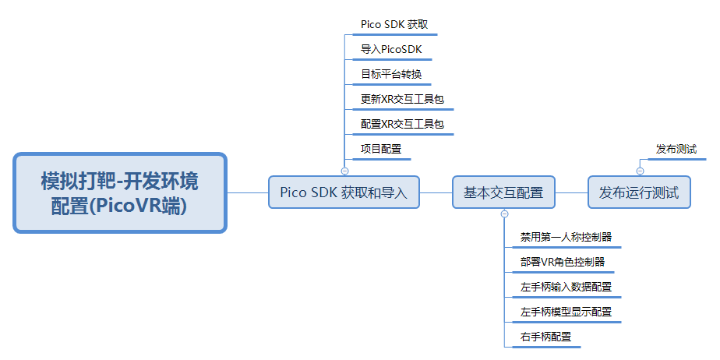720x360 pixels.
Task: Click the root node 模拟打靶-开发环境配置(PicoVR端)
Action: pyautogui.click(x=120, y=193)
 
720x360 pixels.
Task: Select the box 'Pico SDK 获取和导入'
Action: pyautogui.click(x=344, y=192)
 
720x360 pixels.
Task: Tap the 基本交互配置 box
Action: pyautogui.click(x=503, y=192)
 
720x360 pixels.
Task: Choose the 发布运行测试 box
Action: pyautogui.click(x=639, y=192)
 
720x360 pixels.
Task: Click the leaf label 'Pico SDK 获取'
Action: pyautogui.click(x=394, y=24)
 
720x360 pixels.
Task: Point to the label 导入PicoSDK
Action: pyautogui.click(x=391, y=49)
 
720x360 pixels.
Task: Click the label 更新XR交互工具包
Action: pyautogui.click(x=402, y=99)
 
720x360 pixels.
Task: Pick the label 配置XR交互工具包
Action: pyautogui.click(x=402, y=124)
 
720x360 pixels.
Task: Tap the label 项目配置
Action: pyautogui.click(x=381, y=149)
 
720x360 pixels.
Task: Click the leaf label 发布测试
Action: pyautogui.click(x=676, y=149)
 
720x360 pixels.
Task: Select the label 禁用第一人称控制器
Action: pyautogui.click(x=566, y=237)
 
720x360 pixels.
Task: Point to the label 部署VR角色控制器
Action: pyautogui.click(x=563, y=262)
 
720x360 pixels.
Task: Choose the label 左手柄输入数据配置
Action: pyautogui.click(x=566, y=287)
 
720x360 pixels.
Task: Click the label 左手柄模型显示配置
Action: pyautogui.click(x=566, y=312)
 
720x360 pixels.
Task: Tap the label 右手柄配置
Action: pyautogui.click(x=545, y=337)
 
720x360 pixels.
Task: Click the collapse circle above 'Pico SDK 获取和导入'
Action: pyautogui.click(x=345, y=171)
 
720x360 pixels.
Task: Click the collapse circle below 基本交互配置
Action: pyautogui.click(x=504, y=214)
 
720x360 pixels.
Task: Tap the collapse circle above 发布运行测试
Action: pyautogui.click(x=640, y=171)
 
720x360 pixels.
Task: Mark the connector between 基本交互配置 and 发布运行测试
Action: pyautogui.click(x=572, y=192)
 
